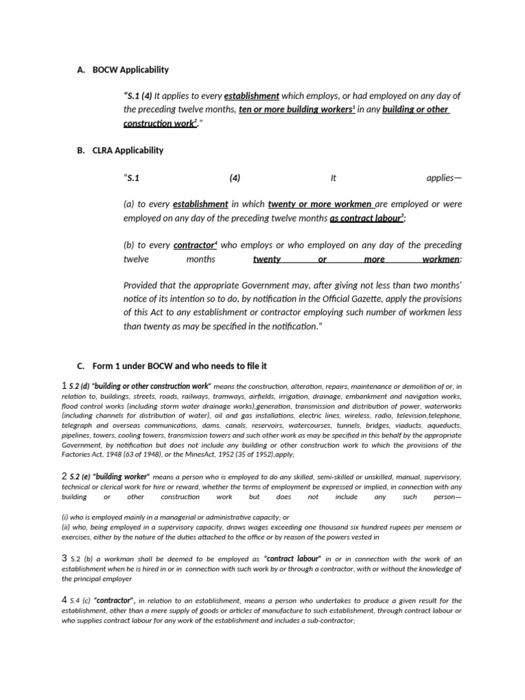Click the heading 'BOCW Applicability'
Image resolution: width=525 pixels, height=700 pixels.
(131, 70)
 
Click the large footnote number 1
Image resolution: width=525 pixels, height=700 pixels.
(64, 386)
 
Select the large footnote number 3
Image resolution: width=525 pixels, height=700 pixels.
(64, 558)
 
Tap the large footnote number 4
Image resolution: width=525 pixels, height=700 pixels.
(64, 600)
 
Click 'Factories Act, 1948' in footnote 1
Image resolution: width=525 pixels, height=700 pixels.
(94, 454)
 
